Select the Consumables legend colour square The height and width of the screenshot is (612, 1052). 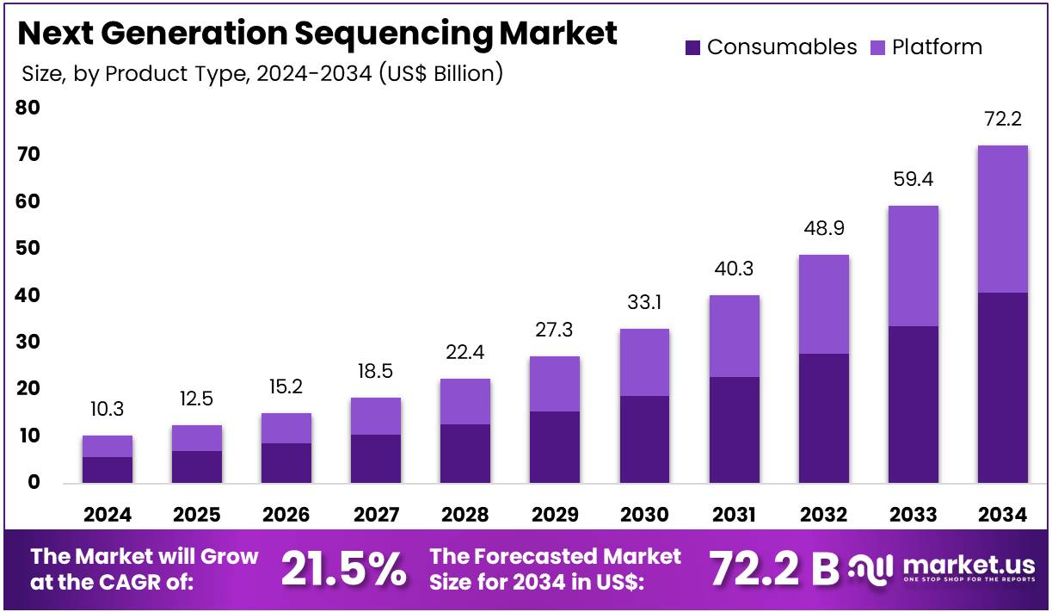tap(693, 47)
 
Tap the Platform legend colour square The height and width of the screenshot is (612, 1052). tap(878, 47)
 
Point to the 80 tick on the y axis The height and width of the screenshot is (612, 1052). tap(27, 108)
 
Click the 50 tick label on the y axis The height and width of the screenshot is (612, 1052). tap(27, 248)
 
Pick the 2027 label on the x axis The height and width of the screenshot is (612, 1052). tap(376, 515)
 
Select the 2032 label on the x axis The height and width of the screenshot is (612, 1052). tap(823, 515)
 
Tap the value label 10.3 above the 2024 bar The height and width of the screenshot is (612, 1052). tap(108, 409)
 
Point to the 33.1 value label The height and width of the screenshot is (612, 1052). tap(644, 302)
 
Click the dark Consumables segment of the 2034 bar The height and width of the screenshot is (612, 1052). tap(1002, 387)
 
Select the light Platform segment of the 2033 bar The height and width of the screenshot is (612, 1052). tap(913, 266)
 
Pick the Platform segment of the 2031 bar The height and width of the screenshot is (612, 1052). tap(734, 336)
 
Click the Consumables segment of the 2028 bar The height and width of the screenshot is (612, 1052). tap(465, 453)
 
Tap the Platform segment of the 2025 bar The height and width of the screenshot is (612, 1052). tap(197, 438)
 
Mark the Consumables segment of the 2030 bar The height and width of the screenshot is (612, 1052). tap(644, 439)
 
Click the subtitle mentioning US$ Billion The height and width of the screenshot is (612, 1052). tap(262, 74)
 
